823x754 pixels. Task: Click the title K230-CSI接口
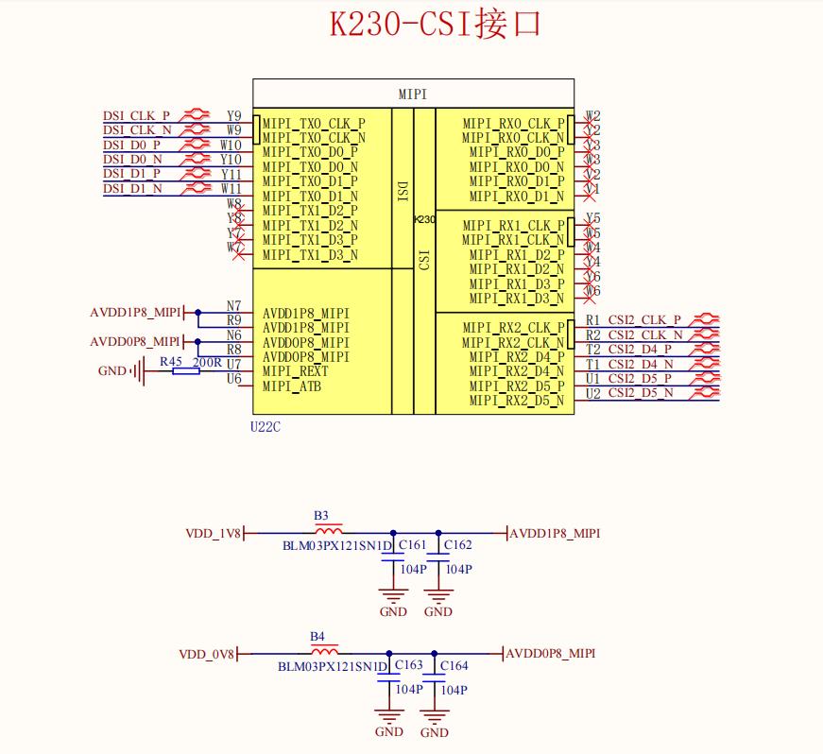[436, 25]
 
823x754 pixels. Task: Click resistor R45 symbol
[186, 371]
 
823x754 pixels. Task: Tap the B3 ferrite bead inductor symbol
[327, 532]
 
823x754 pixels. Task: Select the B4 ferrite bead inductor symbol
[324, 652]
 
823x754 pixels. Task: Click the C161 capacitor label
[412, 546]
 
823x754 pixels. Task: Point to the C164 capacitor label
[454, 666]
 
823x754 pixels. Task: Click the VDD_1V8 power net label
[213, 534]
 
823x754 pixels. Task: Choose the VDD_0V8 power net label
[206, 654]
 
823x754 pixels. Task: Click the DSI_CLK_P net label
[136, 115]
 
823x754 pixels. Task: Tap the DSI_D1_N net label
[132, 189]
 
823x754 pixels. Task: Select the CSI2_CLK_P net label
[644, 320]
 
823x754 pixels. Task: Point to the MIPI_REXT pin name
[296, 371]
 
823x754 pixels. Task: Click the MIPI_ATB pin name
[293, 386]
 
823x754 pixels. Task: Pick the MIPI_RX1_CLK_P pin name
[513, 226]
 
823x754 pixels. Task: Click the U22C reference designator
[266, 427]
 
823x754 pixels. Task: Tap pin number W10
[231, 145]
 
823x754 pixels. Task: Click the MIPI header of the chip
[413, 94]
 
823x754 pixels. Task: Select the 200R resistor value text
[207, 362]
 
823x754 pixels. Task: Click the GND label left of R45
[111, 371]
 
